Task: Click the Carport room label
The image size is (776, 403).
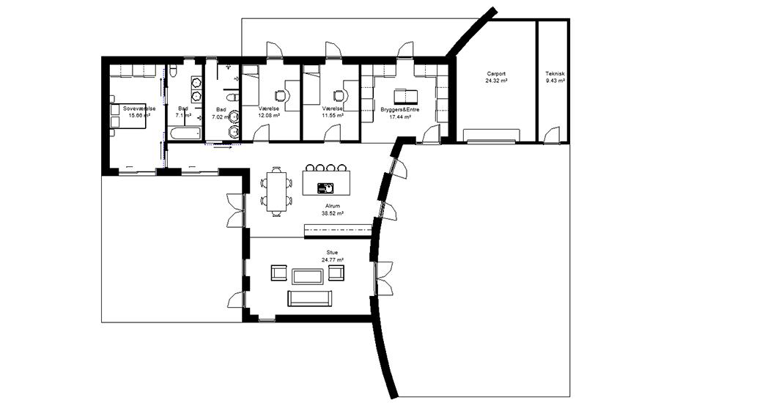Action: coord(496,74)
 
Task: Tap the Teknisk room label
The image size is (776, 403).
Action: coord(555,74)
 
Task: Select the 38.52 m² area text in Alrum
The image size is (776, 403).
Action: coord(333,213)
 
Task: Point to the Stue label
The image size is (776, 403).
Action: coord(333,253)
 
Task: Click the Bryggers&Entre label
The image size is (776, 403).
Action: coord(400,109)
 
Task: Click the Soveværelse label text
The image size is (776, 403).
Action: coord(139,108)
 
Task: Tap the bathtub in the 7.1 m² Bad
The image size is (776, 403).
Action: coord(185,133)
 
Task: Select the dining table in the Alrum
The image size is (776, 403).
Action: coord(277,191)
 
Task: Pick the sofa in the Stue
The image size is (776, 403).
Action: coord(310,298)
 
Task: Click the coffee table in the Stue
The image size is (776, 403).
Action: coord(307,276)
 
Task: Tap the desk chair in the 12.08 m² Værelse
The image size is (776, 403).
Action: coord(281,95)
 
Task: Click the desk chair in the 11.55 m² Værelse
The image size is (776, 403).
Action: coord(339,95)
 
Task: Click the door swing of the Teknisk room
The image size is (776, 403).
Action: coord(551,135)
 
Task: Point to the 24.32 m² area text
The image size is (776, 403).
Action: coord(496,80)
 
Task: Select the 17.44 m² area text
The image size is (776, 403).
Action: coord(400,117)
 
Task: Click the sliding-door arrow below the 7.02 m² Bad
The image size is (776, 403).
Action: coord(223,146)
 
